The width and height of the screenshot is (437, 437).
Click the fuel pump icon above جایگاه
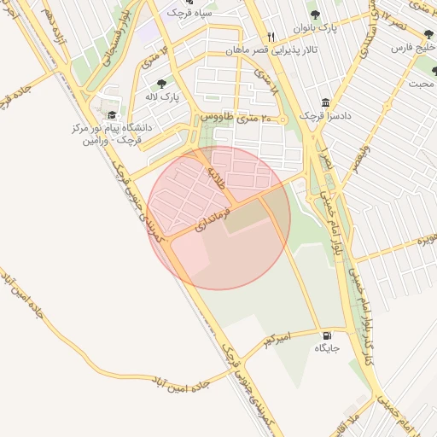pyautogui.click(x=328, y=335)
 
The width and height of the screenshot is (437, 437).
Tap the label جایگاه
pyautogui.click(x=328, y=348)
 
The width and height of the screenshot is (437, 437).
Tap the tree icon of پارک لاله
pyautogui.click(x=161, y=84)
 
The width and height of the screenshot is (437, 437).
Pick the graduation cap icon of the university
pyautogui.click(x=112, y=114)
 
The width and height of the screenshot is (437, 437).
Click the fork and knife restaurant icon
pyautogui.click(x=271, y=37)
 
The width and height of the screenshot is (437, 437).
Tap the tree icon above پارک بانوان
pyautogui.click(x=314, y=15)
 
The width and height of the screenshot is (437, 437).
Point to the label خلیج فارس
pyautogui.click(x=414, y=48)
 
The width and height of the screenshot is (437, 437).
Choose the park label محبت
pyautogui.click(x=421, y=84)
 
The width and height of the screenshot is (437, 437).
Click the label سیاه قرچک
pyautogui.click(x=188, y=13)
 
